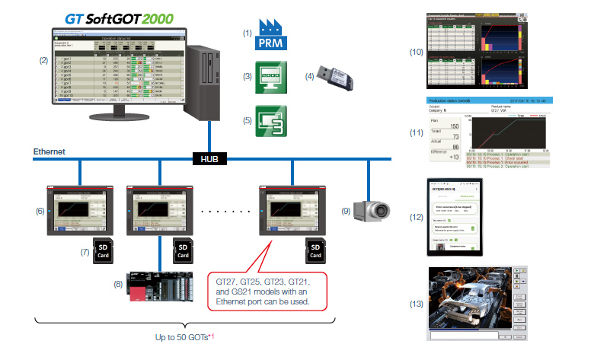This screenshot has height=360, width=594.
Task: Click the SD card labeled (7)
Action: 104,250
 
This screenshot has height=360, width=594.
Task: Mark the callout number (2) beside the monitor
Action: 43,59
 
